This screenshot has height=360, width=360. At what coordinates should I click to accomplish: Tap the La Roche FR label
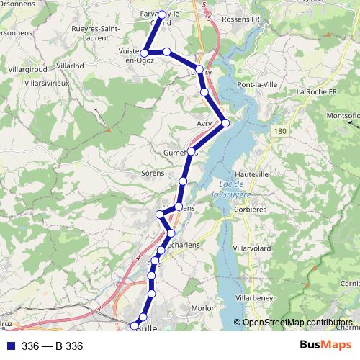[317, 92]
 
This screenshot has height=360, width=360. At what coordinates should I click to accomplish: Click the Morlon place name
[204, 308]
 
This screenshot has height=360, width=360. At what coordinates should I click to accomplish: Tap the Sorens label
[153, 174]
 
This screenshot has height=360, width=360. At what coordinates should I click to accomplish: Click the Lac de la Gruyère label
[231, 189]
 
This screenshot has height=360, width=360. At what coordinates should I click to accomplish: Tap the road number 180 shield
[280, 131]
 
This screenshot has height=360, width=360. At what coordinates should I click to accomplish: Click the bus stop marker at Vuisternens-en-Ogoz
[145, 53]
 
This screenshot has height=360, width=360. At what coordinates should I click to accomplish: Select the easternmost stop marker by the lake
[225, 123]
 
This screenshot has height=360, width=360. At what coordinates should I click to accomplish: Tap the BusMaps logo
[325, 346]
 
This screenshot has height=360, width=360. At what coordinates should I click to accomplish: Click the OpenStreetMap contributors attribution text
[297, 323]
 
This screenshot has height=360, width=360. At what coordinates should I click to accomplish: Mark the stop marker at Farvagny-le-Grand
[162, 14]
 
